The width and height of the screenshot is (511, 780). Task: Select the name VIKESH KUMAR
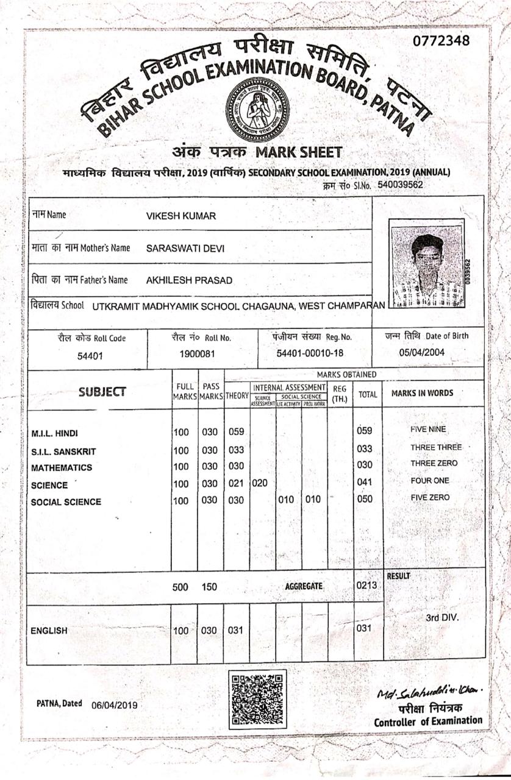pos(181,216)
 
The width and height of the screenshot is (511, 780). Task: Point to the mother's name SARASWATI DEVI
pos(186,248)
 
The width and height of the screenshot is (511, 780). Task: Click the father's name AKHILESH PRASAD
pos(189,280)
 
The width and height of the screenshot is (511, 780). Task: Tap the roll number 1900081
pos(196,354)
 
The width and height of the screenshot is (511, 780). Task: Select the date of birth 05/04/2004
pos(422,352)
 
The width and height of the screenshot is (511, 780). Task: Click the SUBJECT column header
pos(102,392)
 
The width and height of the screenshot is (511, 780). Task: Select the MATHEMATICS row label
pos(62,468)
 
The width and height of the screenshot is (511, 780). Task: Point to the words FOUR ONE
pos(430,481)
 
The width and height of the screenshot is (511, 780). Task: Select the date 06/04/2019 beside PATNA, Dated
pos(114,705)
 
